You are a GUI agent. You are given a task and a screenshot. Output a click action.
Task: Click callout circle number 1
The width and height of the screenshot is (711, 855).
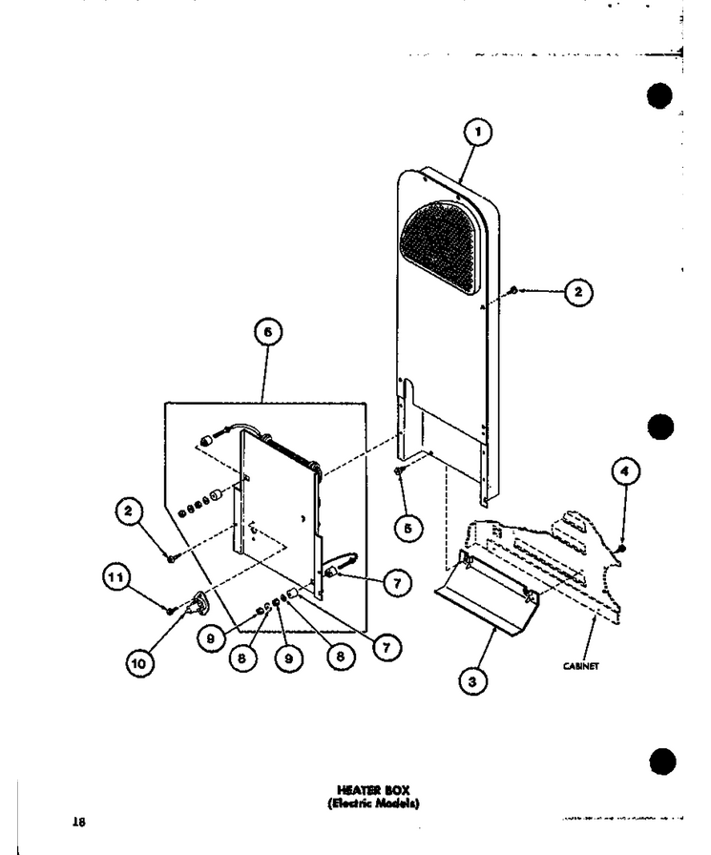tap(477, 132)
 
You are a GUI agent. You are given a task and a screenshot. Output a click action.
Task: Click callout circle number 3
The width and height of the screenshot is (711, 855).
tap(472, 681)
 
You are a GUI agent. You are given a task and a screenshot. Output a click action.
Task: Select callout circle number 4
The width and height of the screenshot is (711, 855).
tap(625, 471)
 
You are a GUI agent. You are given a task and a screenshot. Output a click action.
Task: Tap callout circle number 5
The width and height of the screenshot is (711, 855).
tap(408, 528)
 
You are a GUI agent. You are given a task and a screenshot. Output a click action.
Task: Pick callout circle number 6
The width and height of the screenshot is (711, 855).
tap(268, 332)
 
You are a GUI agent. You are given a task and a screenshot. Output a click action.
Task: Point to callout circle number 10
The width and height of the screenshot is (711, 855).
tap(139, 663)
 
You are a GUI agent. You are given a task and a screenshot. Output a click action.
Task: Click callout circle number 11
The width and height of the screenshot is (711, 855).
tap(116, 578)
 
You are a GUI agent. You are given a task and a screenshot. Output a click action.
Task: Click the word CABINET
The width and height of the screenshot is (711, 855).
tap(581, 666)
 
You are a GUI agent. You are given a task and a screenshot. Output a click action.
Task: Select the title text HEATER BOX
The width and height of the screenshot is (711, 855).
tap(373, 789)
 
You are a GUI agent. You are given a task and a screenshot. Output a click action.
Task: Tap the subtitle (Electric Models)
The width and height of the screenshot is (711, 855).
tap(373, 803)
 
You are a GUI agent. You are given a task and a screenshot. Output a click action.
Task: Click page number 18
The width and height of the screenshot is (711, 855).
tap(79, 822)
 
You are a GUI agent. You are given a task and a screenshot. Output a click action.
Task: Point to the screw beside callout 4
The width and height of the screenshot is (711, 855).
tap(622, 548)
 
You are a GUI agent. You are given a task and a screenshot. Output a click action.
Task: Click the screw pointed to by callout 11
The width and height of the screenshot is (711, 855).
tap(172, 610)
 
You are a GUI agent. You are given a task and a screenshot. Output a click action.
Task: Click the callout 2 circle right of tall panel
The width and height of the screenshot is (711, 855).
tap(578, 292)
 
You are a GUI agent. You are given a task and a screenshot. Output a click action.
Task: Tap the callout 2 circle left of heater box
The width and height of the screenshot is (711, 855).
tap(128, 511)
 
